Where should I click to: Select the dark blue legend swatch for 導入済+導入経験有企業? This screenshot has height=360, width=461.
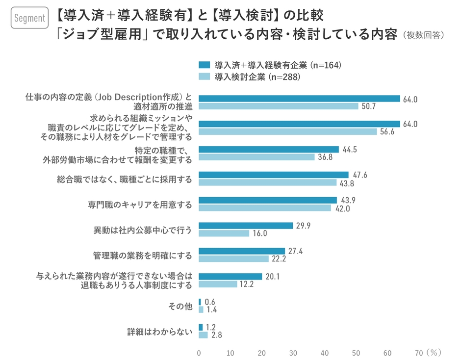(x=204, y=65)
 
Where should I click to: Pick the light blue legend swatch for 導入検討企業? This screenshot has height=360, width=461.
(x=204, y=77)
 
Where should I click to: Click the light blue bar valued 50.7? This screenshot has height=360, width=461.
(x=279, y=106)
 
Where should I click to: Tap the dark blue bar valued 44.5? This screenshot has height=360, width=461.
(x=269, y=149)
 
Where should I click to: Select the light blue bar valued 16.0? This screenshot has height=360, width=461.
(x=224, y=233)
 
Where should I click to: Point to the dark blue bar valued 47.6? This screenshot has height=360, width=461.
(x=274, y=175)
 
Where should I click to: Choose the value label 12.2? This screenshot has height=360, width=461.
(x=247, y=284)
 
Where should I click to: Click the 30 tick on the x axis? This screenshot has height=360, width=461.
(x=293, y=352)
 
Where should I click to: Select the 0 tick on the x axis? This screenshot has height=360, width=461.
(x=199, y=352)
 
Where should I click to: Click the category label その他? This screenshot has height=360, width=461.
(x=180, y=306)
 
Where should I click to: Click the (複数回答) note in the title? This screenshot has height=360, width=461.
(x=423, y=35)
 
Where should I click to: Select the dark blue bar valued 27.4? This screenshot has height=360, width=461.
(x=242, y=251)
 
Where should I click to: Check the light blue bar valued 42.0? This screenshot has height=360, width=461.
(x=265, y=208)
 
